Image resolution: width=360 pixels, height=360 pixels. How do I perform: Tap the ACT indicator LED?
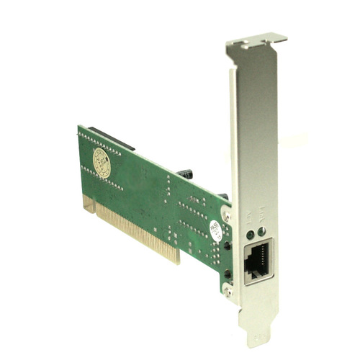[x=249, y=233]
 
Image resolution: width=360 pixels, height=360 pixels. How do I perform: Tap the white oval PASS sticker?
[x=215, y=229]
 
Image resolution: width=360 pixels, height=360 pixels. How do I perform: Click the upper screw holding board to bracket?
[x=228, y=213]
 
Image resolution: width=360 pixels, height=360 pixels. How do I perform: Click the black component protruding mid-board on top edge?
[x=186, y=175]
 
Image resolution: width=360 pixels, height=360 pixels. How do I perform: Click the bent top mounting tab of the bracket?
[x=255, y=40]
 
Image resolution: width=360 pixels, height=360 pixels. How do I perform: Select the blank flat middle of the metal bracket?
[x=254, y=137]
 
